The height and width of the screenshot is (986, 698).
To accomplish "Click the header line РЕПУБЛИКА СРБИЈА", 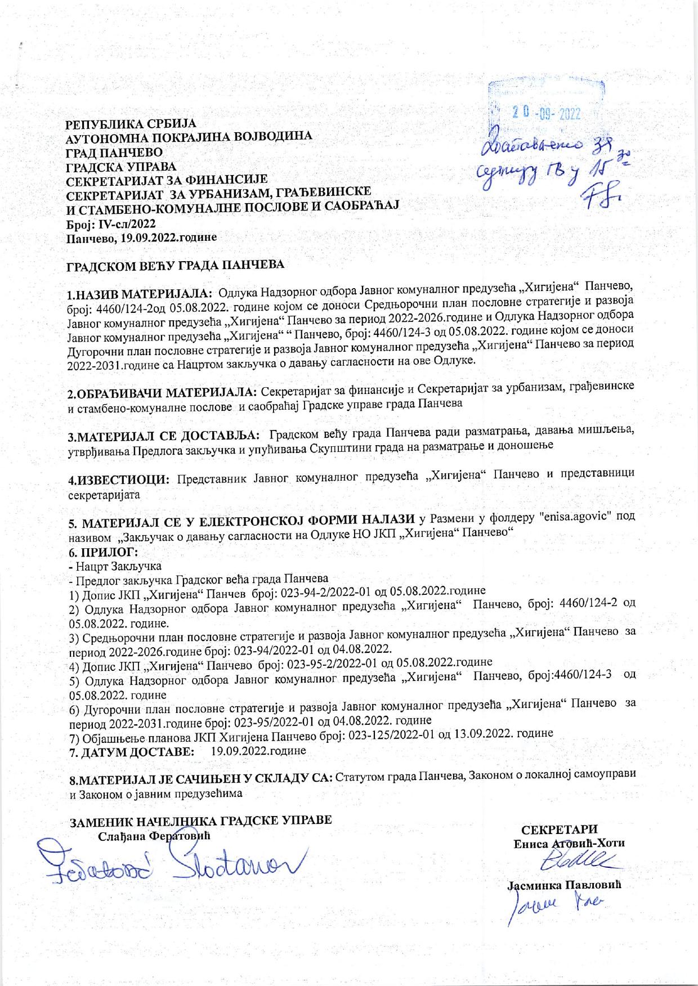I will pyautogui.click(x=131, y=124).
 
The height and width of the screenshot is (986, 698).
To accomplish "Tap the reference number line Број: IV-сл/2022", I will pyautogui.click(x=108, y=225).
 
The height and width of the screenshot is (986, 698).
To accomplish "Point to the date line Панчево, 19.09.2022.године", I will pyautogui.click(x=141, y=238).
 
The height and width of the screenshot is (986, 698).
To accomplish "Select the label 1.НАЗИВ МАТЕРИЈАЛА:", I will pyautogui.click(x=140, y=294).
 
